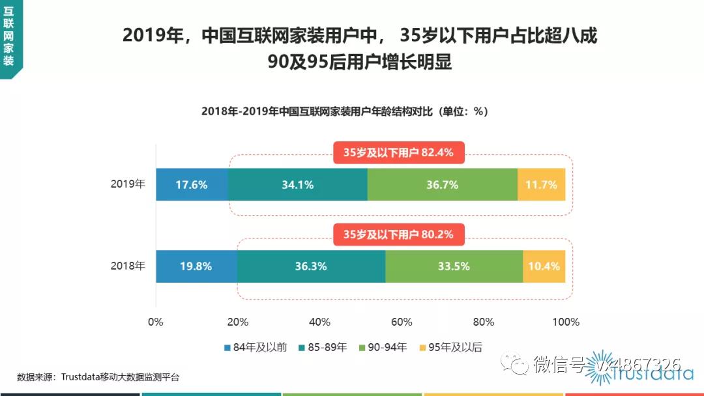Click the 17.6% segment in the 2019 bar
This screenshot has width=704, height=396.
click(x=192, y=184)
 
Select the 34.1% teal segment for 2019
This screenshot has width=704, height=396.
click(x=298, y=184)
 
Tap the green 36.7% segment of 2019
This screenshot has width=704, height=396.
click(x=442, y=184)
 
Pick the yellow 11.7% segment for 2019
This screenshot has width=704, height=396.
click(x=541, y=184)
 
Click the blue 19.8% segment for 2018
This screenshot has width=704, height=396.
click(x=196, y=266)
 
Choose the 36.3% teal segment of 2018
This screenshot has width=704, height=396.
click(x=311, y=266)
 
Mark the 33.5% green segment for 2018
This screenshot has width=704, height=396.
click(x=454, y=266)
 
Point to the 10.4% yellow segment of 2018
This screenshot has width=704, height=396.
click(x=544, y=266)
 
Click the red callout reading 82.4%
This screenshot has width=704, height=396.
click(x=399, y=153)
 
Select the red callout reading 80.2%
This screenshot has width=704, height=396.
click(x=399, y=234)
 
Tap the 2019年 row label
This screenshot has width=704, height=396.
click(x=128, y=184)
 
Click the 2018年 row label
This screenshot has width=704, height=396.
click(x=128, y=266)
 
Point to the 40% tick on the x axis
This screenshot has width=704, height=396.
click(x=319, y=322)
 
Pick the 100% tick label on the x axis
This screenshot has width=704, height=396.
click(x=565, y=322)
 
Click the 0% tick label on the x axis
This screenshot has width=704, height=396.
click(x=156, y=322)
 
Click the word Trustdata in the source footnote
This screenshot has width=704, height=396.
click(x=80, y=376)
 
